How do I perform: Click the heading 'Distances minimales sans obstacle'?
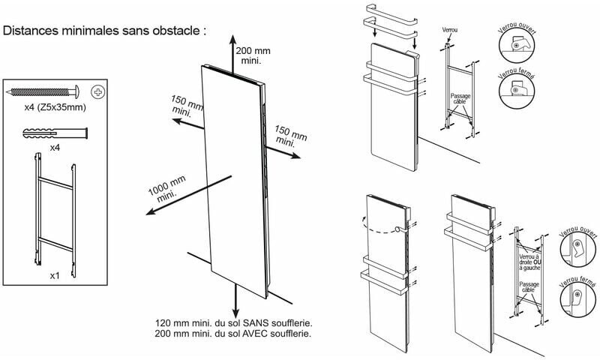tap(105, 32)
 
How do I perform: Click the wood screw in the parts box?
tap(45, 92)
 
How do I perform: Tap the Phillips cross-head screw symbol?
tap(97, 92)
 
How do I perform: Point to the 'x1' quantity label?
tap(55, 276)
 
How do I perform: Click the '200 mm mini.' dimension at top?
tap(252, 55)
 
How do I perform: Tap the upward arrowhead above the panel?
tap(232, 38)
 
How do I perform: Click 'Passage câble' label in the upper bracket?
tap(459, 99)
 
